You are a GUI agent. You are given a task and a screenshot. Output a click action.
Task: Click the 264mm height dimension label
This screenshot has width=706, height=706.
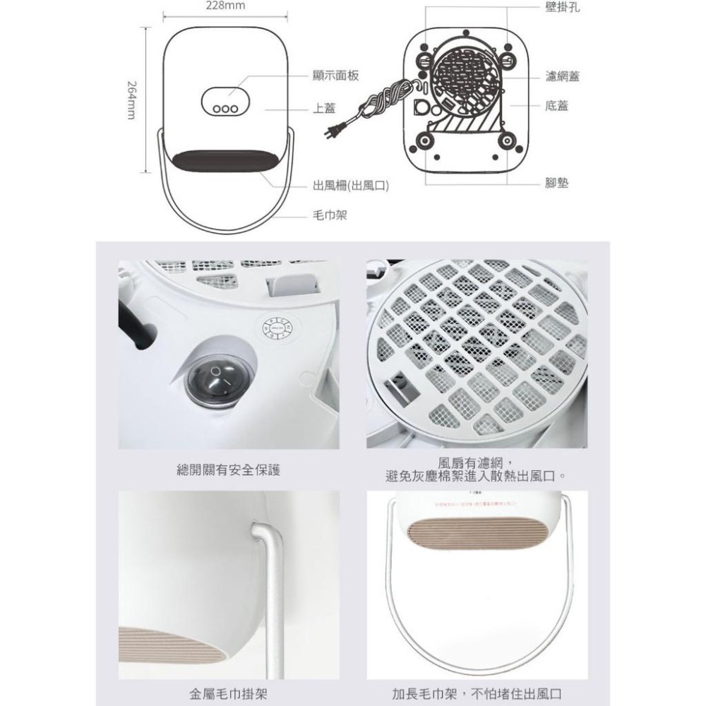131,99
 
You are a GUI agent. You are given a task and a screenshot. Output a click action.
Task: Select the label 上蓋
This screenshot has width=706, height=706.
324,108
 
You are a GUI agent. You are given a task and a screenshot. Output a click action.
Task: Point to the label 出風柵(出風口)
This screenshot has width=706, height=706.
351,186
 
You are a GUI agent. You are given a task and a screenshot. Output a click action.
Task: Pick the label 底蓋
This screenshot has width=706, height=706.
557,106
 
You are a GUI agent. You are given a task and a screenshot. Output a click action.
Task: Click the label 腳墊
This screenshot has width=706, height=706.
557,183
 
